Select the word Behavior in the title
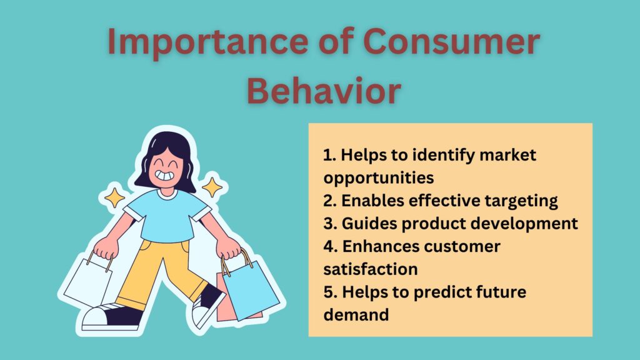pyautogui.click(x=323, y=91)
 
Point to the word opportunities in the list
pyautogui.click(x=379, y=177)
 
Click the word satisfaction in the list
pyautogui.click(x=371, y=269)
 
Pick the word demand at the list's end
pyautogui.click(x=356, y=315)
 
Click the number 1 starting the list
pyautogui.click(x=327, y=155)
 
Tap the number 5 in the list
pyautogui.click(x=328, y=292)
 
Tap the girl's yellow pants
pyautogui.click(x=156, y=269)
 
